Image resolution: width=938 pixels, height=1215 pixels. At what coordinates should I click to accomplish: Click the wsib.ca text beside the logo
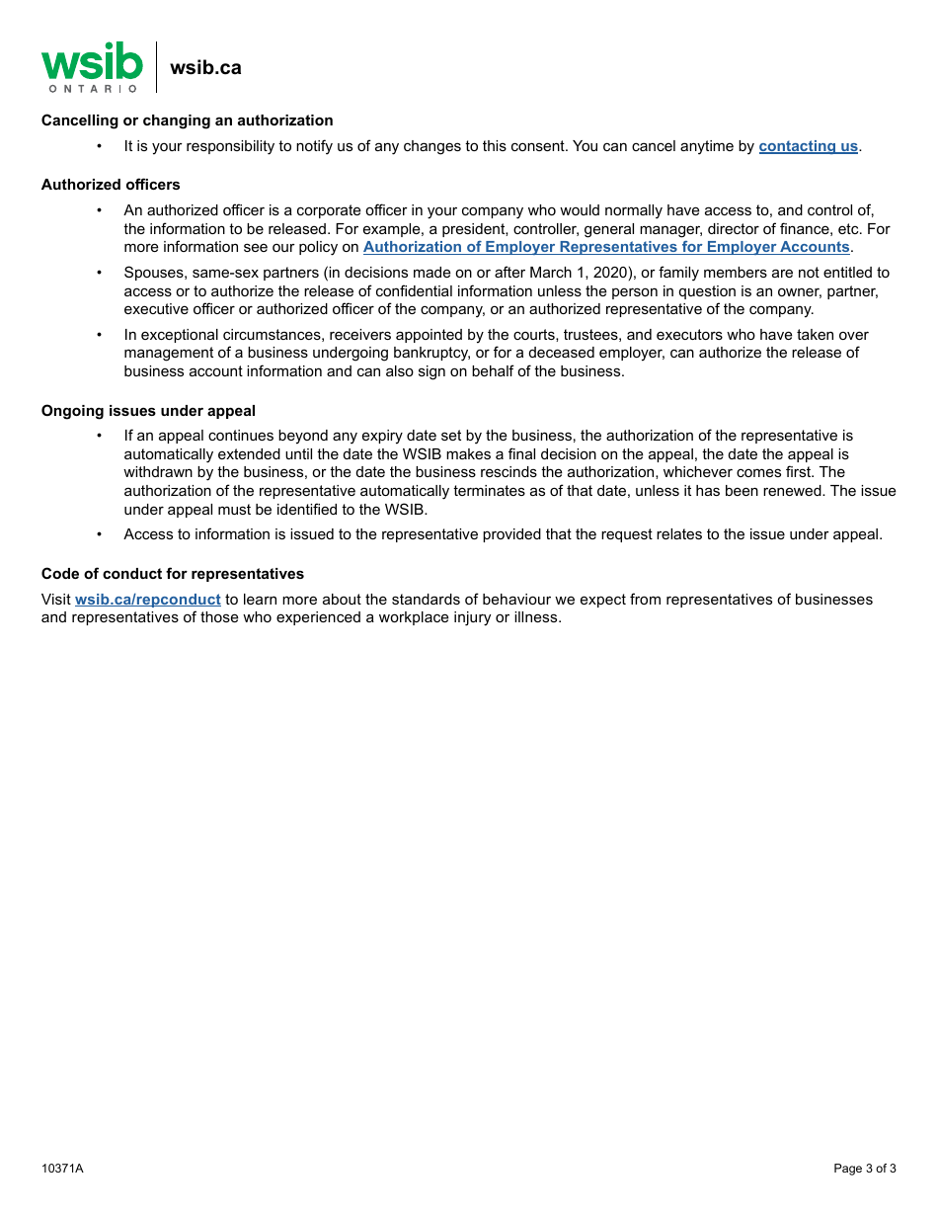click(205, 68)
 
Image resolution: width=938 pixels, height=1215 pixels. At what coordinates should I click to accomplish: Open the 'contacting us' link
click(808, 146)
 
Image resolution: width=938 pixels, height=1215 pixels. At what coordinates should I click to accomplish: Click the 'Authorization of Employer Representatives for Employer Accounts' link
click(605, 247)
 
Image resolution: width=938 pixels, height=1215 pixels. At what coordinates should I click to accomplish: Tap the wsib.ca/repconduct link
click(148, 600)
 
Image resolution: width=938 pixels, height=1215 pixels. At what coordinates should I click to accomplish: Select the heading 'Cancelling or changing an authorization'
click(187, 121)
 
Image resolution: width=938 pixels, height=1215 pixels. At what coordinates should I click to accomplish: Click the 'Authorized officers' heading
click(111, 185)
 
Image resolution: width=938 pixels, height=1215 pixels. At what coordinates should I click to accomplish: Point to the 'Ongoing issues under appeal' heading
click(148, 411)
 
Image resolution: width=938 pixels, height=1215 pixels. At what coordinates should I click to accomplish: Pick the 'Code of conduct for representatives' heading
click(173, 574)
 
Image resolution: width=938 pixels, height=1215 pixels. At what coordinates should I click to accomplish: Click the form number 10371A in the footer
click(62, 1169)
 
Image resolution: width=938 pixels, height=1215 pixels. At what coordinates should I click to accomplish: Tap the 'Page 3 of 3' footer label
click(865, 1169)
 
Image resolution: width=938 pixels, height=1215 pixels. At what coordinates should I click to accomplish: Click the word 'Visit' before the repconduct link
click(56, 600)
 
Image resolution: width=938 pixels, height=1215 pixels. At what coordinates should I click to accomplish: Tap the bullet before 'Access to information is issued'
click(99, 534)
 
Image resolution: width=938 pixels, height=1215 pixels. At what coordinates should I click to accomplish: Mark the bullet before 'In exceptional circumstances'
click(99, 335)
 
